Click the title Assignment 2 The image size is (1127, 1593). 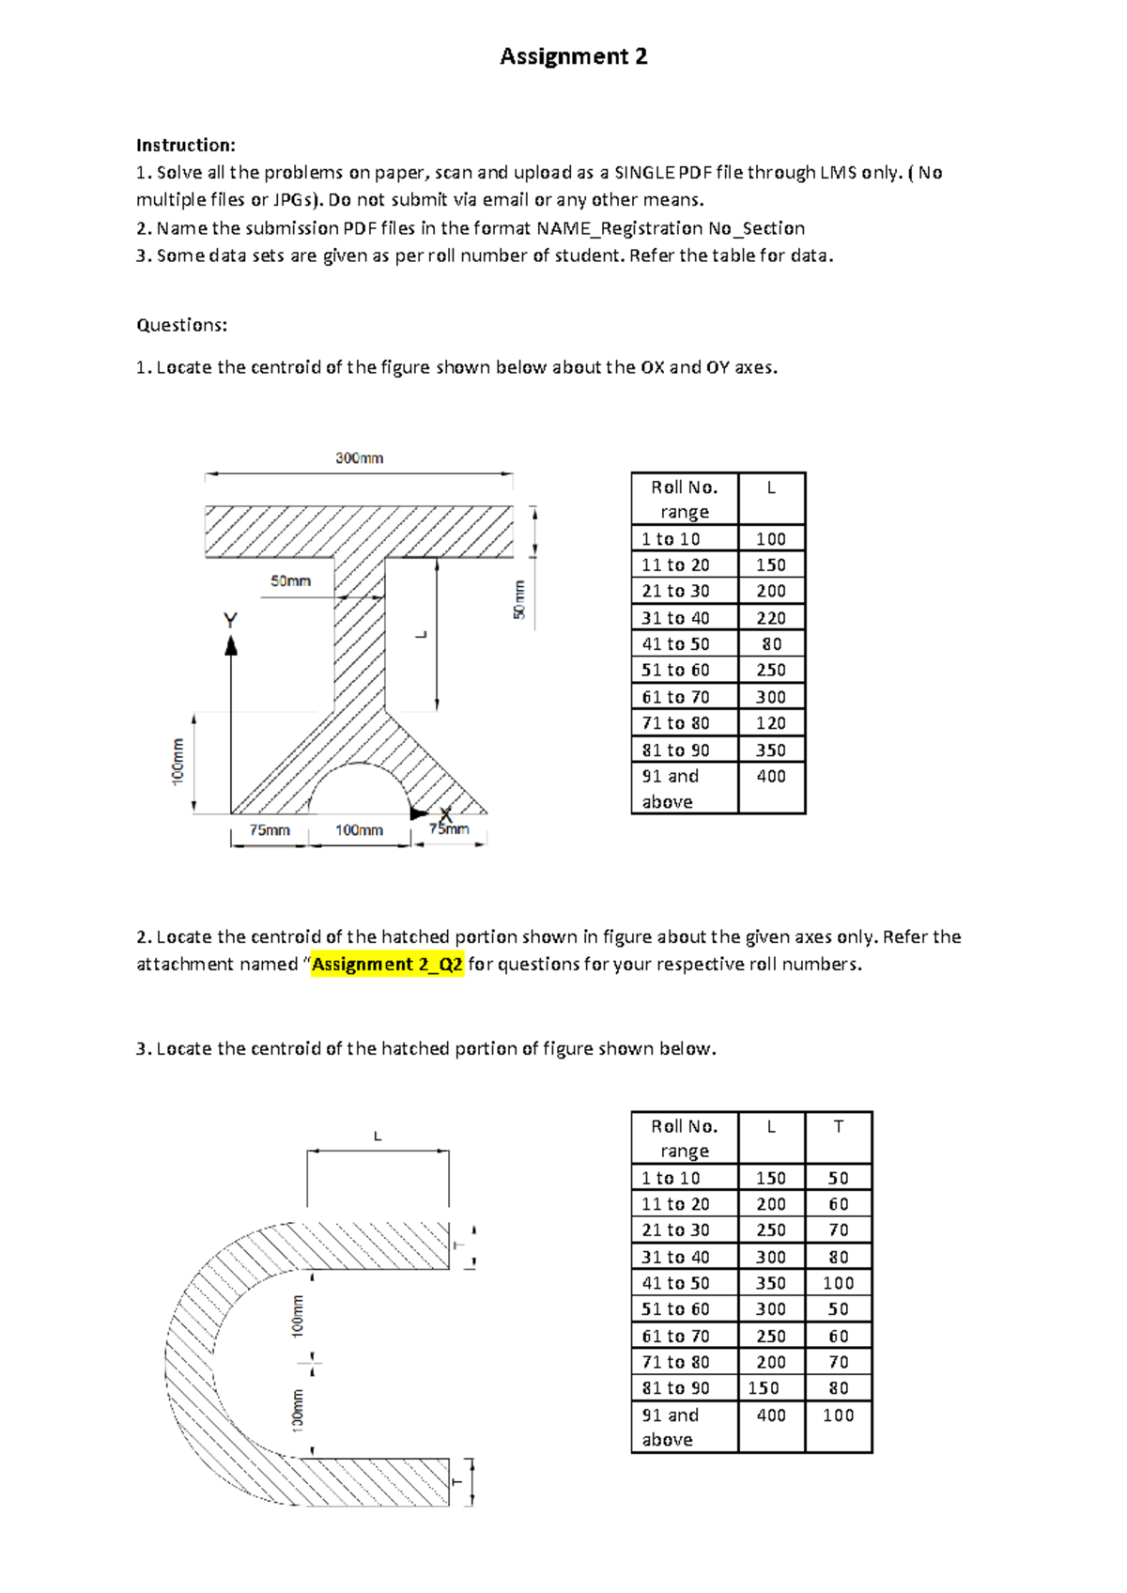[573, 56]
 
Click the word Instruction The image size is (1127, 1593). [183, 145]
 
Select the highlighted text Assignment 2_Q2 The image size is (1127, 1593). [388, 965]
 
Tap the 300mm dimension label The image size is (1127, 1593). [359, 458]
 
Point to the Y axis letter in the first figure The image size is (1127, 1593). [230, 621]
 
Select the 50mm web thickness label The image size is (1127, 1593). [290, 581]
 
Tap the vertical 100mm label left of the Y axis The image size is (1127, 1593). [178, 762]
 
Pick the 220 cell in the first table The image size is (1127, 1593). [771, 618]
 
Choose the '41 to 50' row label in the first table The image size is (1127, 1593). [675, 644]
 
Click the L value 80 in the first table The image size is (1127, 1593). [771, 644]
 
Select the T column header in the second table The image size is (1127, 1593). [839, 1126]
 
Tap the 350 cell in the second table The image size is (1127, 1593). [771, 1283]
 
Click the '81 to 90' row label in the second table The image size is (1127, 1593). [675, 1387]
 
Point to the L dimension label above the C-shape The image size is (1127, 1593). [378, 1137]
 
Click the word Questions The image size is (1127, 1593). [181, 325]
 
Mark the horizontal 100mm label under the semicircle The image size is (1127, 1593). [359, 830]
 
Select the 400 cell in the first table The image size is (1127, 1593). [771, 776]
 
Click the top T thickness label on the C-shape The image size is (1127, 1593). [458, 1245]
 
